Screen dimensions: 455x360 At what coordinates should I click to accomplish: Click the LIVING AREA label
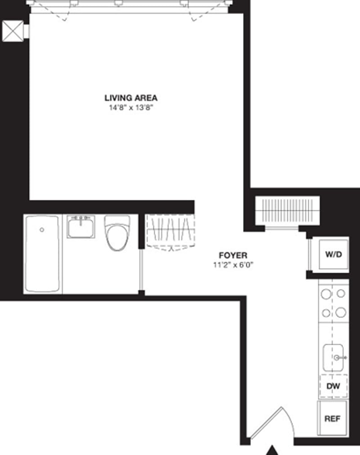point(131,98)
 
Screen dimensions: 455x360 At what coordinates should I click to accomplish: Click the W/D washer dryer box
point(333,254)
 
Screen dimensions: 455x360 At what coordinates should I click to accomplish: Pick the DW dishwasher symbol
point(333,386)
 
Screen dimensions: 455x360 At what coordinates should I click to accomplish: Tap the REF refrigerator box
point(333,419)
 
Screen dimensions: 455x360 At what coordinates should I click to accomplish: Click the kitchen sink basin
point(332,357)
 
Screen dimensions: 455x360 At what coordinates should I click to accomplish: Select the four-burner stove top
point(333,303)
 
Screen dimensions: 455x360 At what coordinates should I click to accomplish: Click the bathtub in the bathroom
point(42,254)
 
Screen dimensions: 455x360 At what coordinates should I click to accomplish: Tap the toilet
point(117,232)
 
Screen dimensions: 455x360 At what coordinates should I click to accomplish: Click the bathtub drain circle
point(42,230)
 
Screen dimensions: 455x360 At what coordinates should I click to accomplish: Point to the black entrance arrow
point(272,450)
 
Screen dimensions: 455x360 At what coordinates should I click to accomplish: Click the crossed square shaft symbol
point(13,31)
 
